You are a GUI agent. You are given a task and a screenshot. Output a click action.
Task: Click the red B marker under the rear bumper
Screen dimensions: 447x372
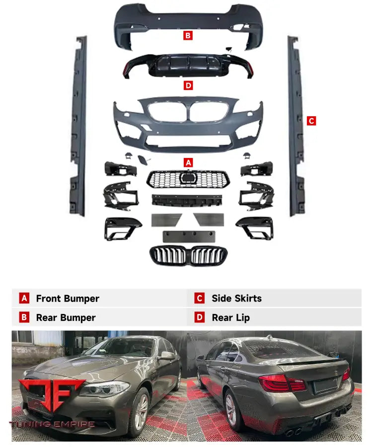coord(188,36)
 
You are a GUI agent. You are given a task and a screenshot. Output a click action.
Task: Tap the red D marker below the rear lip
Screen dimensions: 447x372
coord(188,85)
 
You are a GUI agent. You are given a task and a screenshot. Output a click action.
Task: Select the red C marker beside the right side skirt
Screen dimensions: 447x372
coord(311,121)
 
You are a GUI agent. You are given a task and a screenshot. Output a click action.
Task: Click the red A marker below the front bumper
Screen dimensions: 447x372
coord(188,162)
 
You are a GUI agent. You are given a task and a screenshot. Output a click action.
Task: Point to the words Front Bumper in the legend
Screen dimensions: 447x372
coord(68,298)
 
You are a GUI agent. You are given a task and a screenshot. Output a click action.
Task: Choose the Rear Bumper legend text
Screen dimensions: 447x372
coord(66,317)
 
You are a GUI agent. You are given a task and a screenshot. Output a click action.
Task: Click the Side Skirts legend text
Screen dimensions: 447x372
coord(236,298)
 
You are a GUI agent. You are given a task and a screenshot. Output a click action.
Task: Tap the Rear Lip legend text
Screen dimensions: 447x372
coord(230,317)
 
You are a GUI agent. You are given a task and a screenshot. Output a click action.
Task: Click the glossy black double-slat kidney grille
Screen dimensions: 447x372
coord(188,255)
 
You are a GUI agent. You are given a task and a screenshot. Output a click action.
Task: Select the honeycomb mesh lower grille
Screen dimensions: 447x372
coord(188,179)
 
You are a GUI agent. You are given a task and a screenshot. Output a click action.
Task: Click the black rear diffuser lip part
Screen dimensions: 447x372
coord(188,67)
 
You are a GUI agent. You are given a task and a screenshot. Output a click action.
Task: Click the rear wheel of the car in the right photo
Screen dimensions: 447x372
coord(232,410)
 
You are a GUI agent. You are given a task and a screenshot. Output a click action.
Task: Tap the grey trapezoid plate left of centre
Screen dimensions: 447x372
coord(167,219)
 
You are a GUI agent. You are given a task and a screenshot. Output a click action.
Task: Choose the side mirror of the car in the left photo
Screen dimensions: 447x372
coord(166,356)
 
